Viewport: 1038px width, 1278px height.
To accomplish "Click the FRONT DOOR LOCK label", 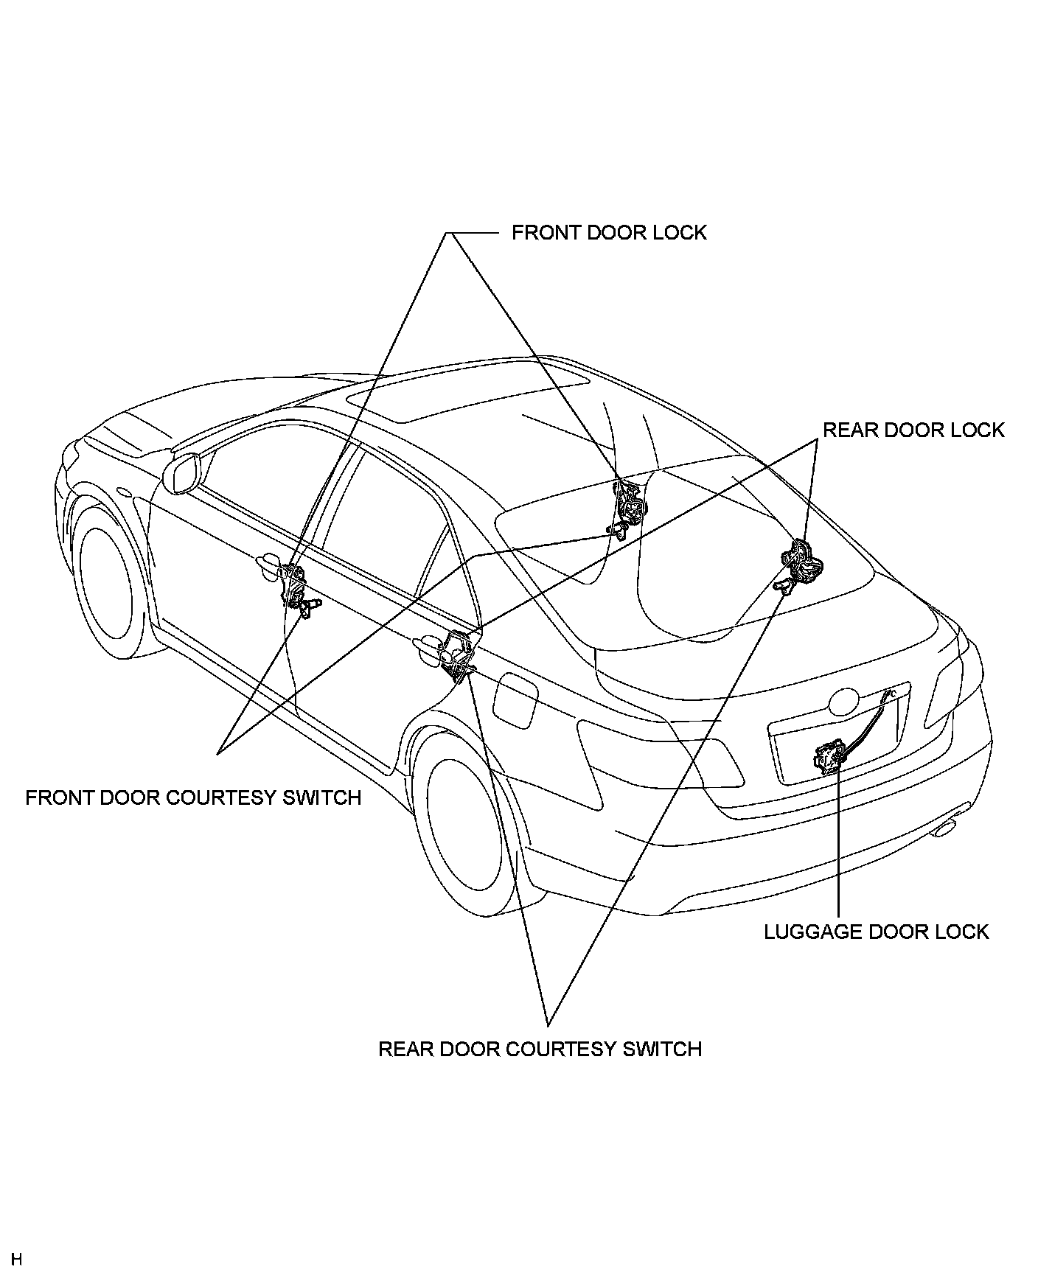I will pos(609,233).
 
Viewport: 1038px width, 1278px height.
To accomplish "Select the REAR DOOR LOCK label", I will pos(913,430).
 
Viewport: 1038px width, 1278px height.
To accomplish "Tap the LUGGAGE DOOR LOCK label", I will pos(876,932).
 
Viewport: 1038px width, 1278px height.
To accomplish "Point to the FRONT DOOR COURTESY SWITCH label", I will pos(193,797).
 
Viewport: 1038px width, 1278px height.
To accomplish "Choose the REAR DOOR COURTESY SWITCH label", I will pos(540,1049).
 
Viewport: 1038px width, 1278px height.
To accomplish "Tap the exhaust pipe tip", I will pos(945,828).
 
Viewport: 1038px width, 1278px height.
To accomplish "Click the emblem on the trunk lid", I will pos(843,702).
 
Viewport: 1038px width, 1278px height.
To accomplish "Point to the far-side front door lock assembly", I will pos(628,501).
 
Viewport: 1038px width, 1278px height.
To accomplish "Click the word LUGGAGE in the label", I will pos(812,932).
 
